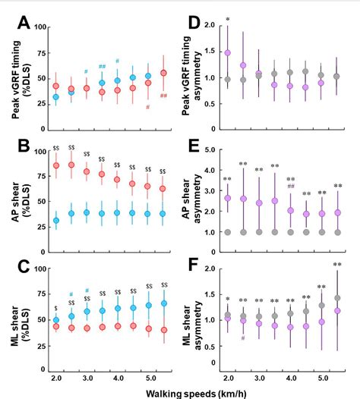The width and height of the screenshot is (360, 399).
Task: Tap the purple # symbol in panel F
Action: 243,338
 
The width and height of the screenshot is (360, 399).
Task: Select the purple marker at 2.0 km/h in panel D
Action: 227,53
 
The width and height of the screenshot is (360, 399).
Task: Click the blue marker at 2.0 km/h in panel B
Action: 55,221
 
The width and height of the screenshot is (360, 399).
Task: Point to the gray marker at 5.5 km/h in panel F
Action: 337,298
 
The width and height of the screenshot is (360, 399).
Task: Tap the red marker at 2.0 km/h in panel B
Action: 55,165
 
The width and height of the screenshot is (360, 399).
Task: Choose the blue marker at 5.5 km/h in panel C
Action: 163,303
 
